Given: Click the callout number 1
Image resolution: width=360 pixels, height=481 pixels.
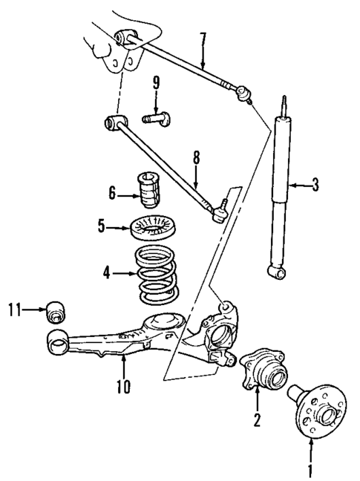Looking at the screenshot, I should pyautogui.click(x=312, y=469).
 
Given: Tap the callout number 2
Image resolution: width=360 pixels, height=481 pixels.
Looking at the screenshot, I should pyautogui.click(x=256, y=421).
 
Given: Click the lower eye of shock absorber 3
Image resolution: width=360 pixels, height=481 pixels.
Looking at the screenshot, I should pyautogui.click(x=280, y=275).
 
